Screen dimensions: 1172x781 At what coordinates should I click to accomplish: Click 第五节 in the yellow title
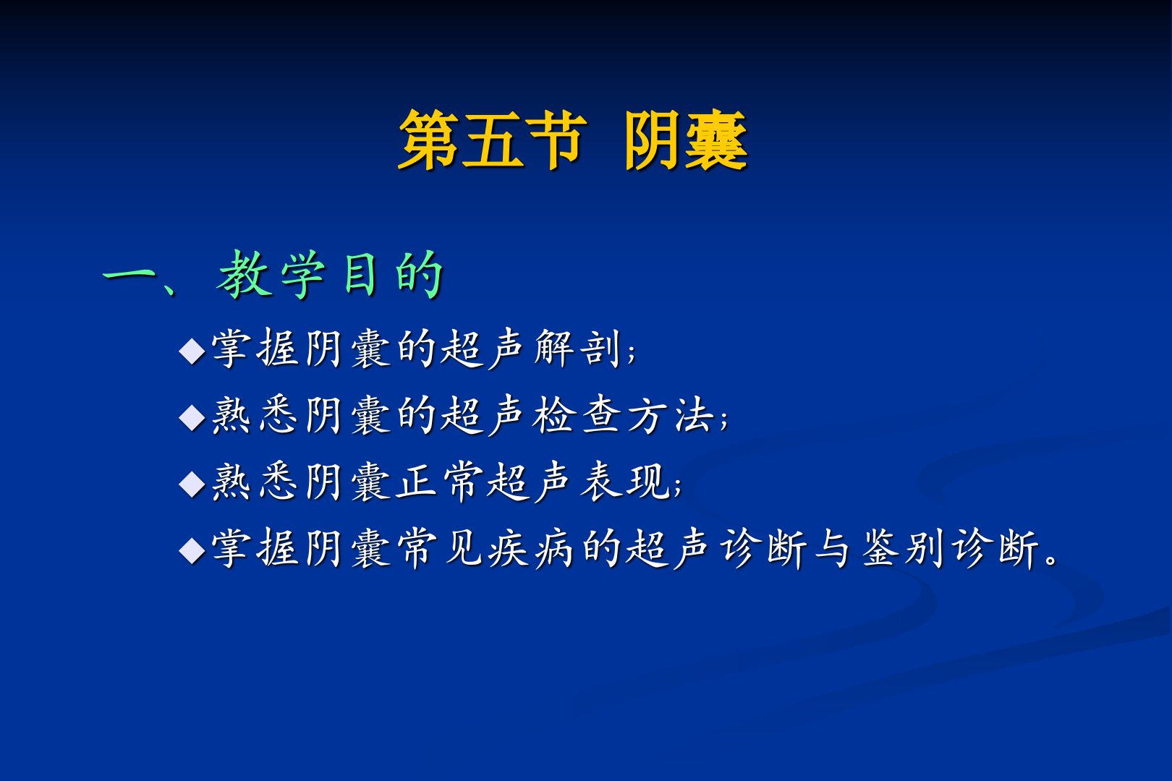click(x=491, y=140)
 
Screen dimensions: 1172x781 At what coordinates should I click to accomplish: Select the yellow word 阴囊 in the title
click(x=686, y=140)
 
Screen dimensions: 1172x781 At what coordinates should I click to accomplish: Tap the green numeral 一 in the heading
click(x=129, y=274)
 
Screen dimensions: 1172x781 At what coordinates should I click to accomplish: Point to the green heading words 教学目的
click(x=330, y=274)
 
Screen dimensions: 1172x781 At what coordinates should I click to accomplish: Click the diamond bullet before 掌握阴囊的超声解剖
click(x=192, y=351)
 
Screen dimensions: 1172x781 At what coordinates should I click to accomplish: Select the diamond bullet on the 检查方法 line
click(x=192, y=417)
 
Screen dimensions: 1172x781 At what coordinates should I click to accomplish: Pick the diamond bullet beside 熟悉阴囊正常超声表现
click(x=192, y=484)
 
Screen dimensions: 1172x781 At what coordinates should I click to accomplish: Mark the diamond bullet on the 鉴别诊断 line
click(x=192, y=550)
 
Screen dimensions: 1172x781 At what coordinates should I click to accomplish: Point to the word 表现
click(x=625, y=482)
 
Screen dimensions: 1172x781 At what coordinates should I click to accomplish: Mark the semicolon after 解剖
click(x=632, y=354)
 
